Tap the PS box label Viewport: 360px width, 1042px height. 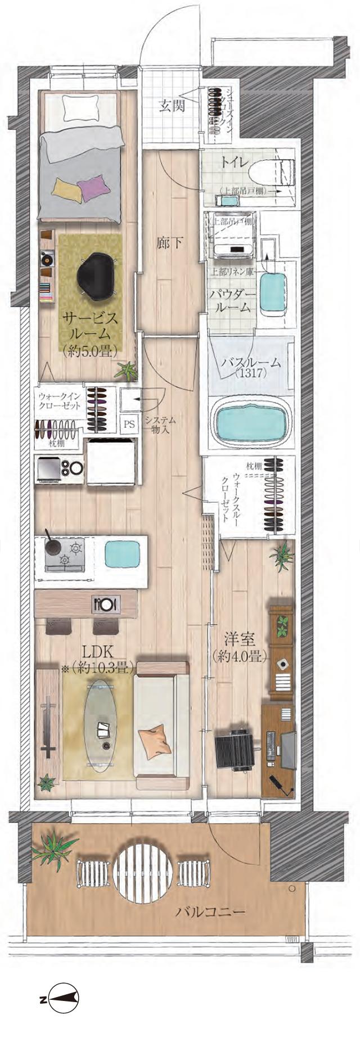[x=129, y=424]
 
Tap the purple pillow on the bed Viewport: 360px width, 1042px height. [x=93, y=187]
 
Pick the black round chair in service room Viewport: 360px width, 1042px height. [x=98, y=274]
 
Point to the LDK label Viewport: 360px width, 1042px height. [x=99, y=652]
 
